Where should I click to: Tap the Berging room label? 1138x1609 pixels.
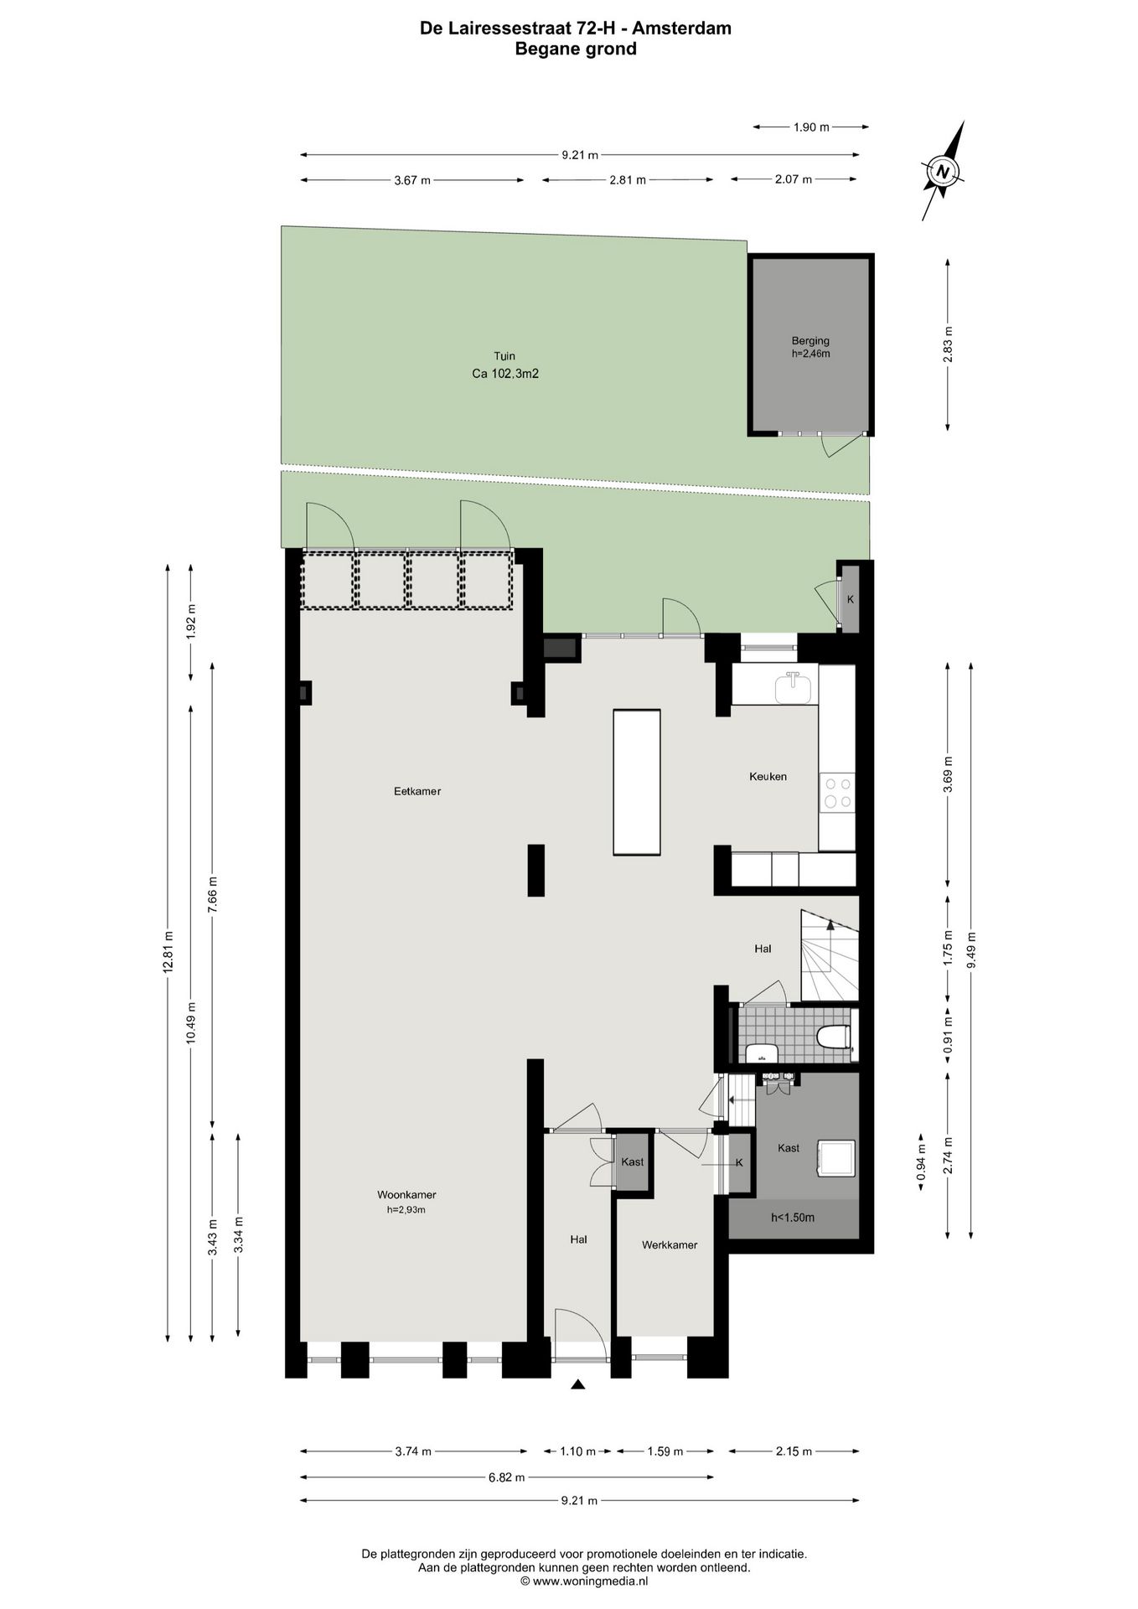810,341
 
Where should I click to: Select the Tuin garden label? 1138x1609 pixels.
504,357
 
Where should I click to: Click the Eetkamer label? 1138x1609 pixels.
417,791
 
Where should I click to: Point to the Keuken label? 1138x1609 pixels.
768,777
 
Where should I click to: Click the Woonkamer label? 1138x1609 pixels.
406,1195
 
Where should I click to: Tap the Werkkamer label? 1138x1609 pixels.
670,1245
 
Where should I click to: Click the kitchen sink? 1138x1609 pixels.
793,689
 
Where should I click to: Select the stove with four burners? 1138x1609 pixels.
837,793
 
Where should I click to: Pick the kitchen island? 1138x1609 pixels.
637,782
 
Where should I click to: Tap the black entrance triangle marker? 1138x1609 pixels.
577,1385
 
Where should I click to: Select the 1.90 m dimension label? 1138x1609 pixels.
810,127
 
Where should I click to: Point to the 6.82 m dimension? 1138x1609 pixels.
507,1477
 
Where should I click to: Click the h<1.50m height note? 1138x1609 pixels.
793,1218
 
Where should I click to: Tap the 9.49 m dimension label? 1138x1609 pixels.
971,950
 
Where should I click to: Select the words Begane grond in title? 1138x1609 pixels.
575,49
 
